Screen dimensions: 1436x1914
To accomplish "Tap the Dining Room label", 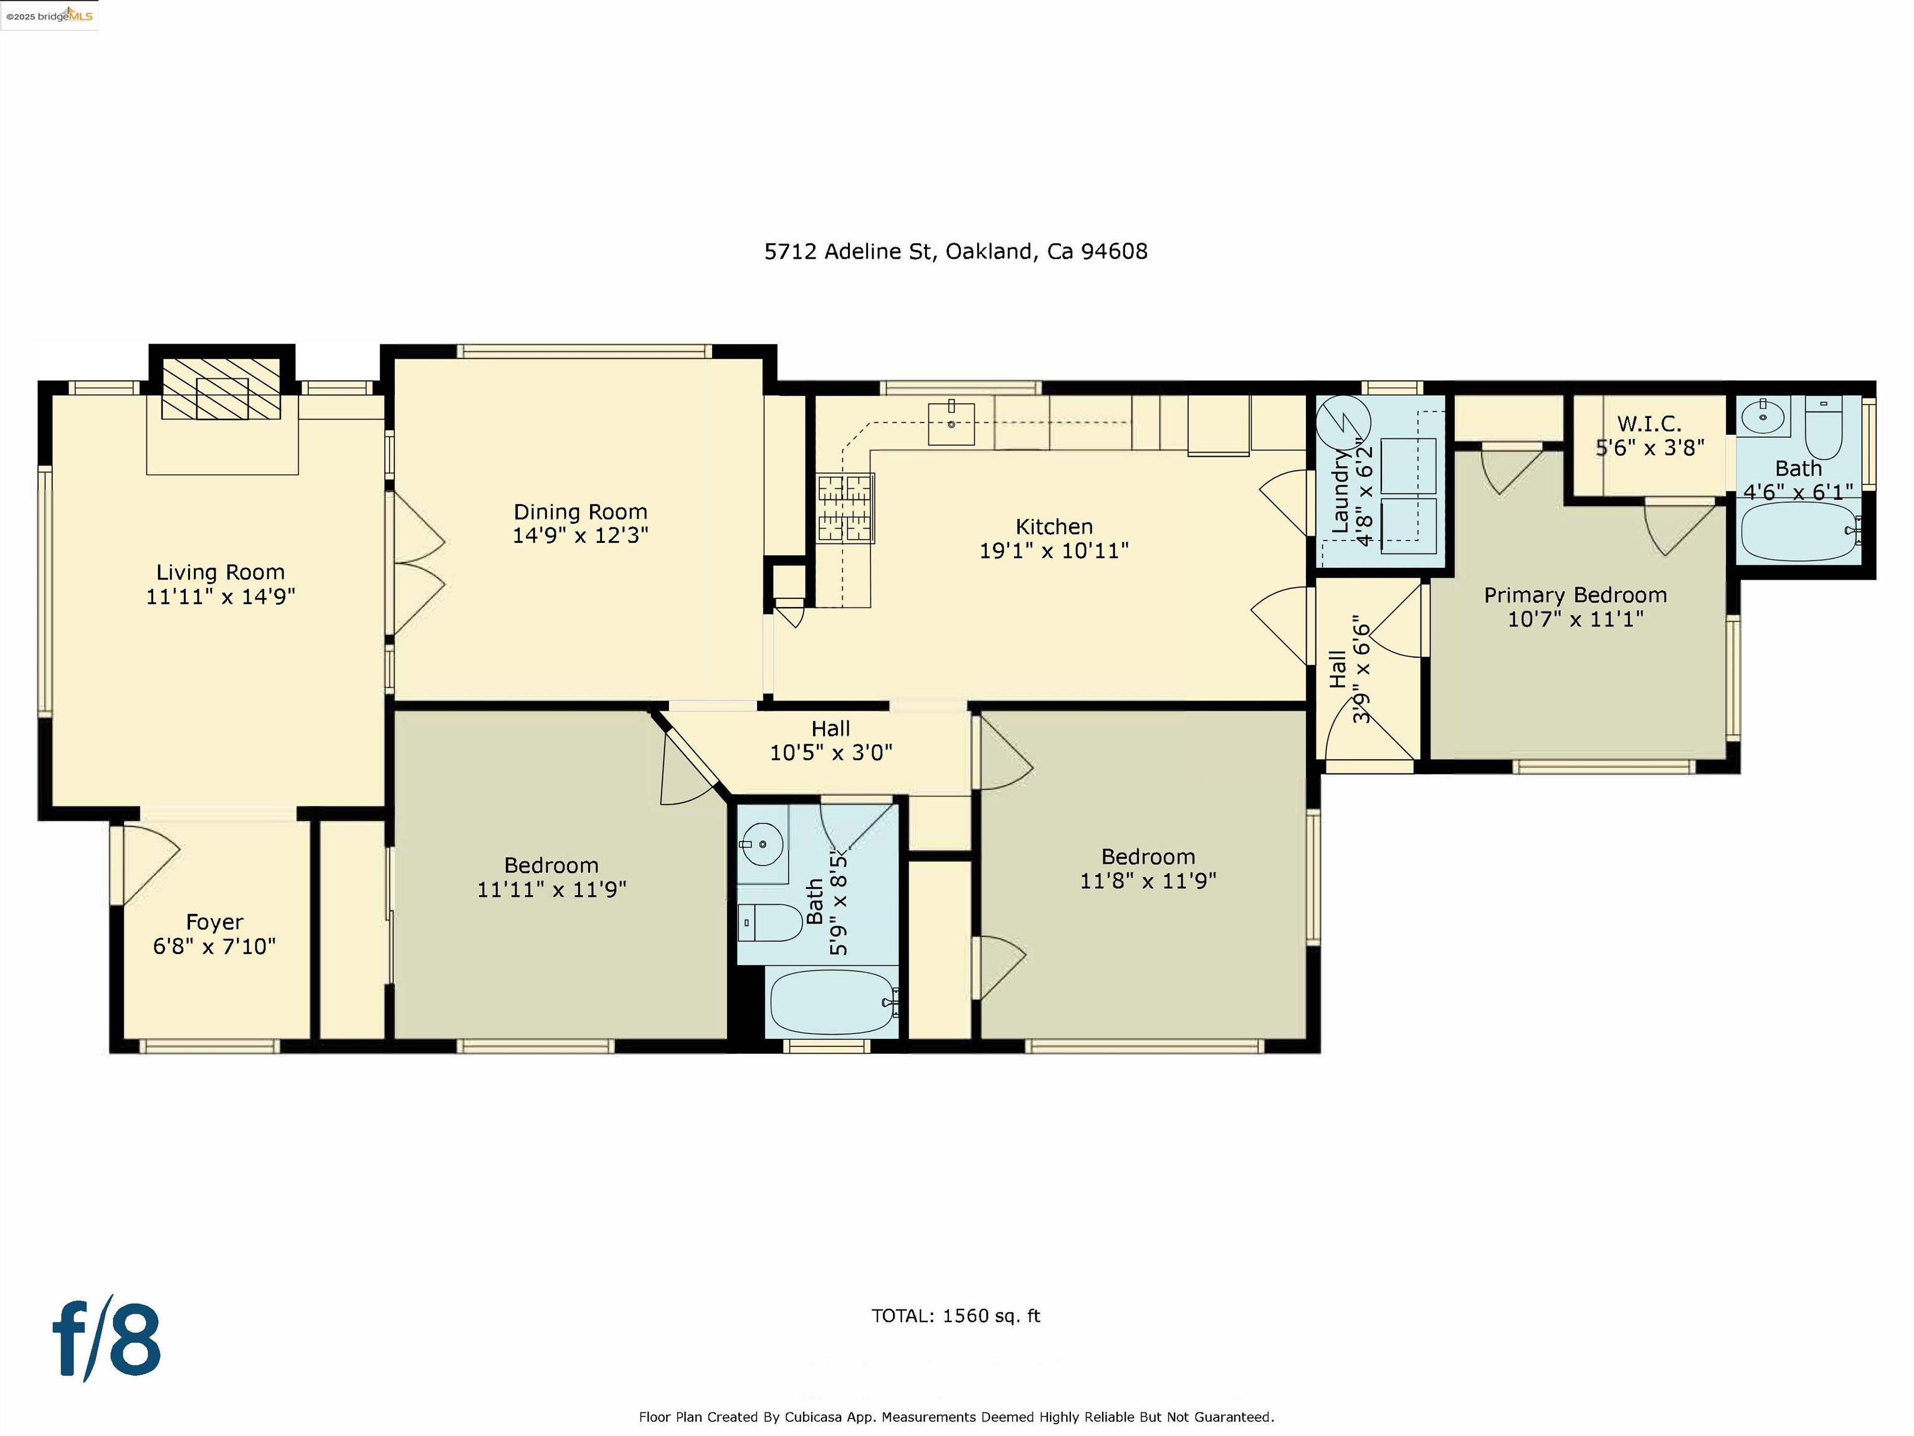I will pyautogui.click(x=579, y=512).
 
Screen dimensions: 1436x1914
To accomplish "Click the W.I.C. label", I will pyautogui.click(x=1649, y=424).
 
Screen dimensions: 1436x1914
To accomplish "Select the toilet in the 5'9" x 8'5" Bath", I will pyautogui.click(x=770, y=922).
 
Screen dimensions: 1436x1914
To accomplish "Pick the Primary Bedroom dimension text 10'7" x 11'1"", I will pyautogui.click(x=1576, y=619).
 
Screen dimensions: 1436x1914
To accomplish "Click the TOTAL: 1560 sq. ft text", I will pyautogui.click(x=955, y=1316).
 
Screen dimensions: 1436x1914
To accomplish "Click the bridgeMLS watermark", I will pyautogui.click(x=49, y=16).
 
